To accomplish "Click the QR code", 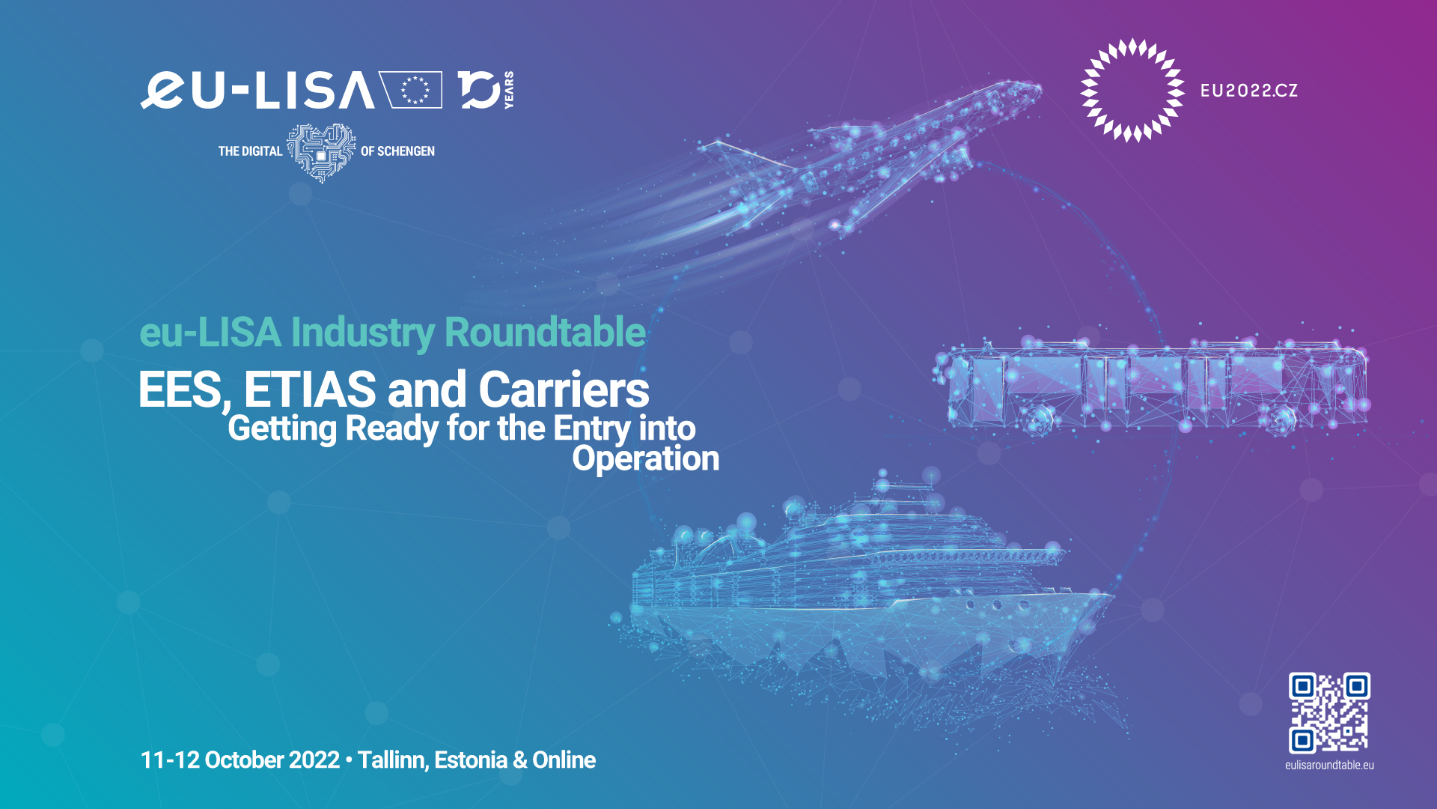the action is click(x=1329, y=712).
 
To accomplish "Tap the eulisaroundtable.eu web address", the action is click(x=1329, y=766).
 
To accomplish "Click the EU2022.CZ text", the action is click(x=1249, y=91).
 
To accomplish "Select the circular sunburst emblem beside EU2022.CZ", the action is click(x=1132, y=90).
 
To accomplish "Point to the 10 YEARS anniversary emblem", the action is click(x=486, y=90).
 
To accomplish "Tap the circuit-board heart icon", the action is click(x=322, y=152).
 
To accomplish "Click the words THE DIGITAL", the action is click(x=250, y=151).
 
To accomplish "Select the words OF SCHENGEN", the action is click(x=397, y=151).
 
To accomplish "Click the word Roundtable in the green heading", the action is click(x=545, y=333).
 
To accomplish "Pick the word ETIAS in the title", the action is click(x=310, y=390).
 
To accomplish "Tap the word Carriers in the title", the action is click(x=564, y=390).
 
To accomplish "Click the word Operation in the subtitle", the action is click(x=646, y=459).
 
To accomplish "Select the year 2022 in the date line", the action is click(x=314, y=760).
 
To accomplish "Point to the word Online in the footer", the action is click(x=564, y=760).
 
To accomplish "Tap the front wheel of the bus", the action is click(x=1282, y=421).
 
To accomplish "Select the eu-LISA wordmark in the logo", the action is click(x=257, y=90).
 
